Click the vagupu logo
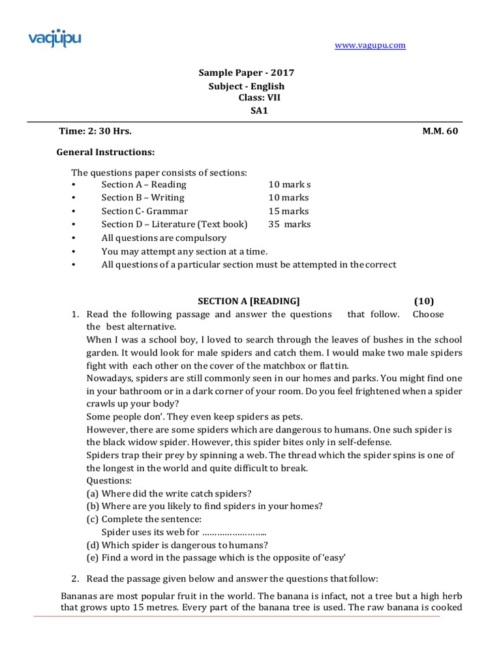(54, 37)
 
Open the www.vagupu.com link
(370, 45)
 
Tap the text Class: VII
(260, 98)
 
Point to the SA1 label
(260, 110)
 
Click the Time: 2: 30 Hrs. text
(95, 131)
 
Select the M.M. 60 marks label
(440, 131)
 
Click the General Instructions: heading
(106, 152)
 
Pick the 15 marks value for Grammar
(289, 211)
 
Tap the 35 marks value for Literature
(290, 224)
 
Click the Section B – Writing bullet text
(143, 198)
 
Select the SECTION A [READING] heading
(249, 301)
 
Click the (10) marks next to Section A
(423, 301)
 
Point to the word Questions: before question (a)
(109, 480)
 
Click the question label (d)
(93, 545)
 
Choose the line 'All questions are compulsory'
(164, 238)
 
